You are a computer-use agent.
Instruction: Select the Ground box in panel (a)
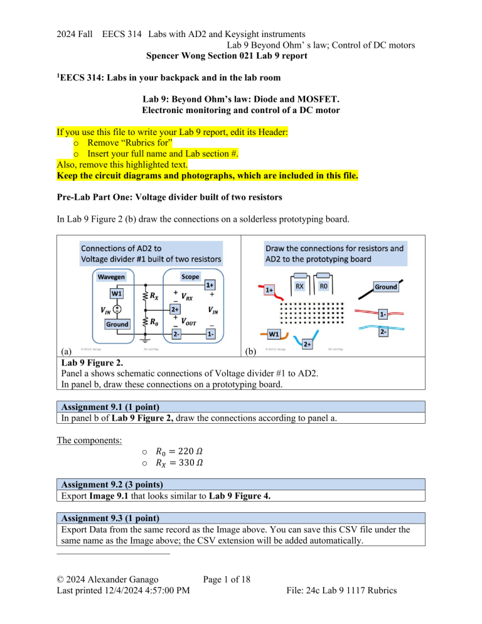(117, 324)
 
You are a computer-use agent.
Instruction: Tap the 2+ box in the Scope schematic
(176, 309)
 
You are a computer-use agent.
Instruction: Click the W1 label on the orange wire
(274, 334)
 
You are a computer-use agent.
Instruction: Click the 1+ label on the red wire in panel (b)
(269, 289)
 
